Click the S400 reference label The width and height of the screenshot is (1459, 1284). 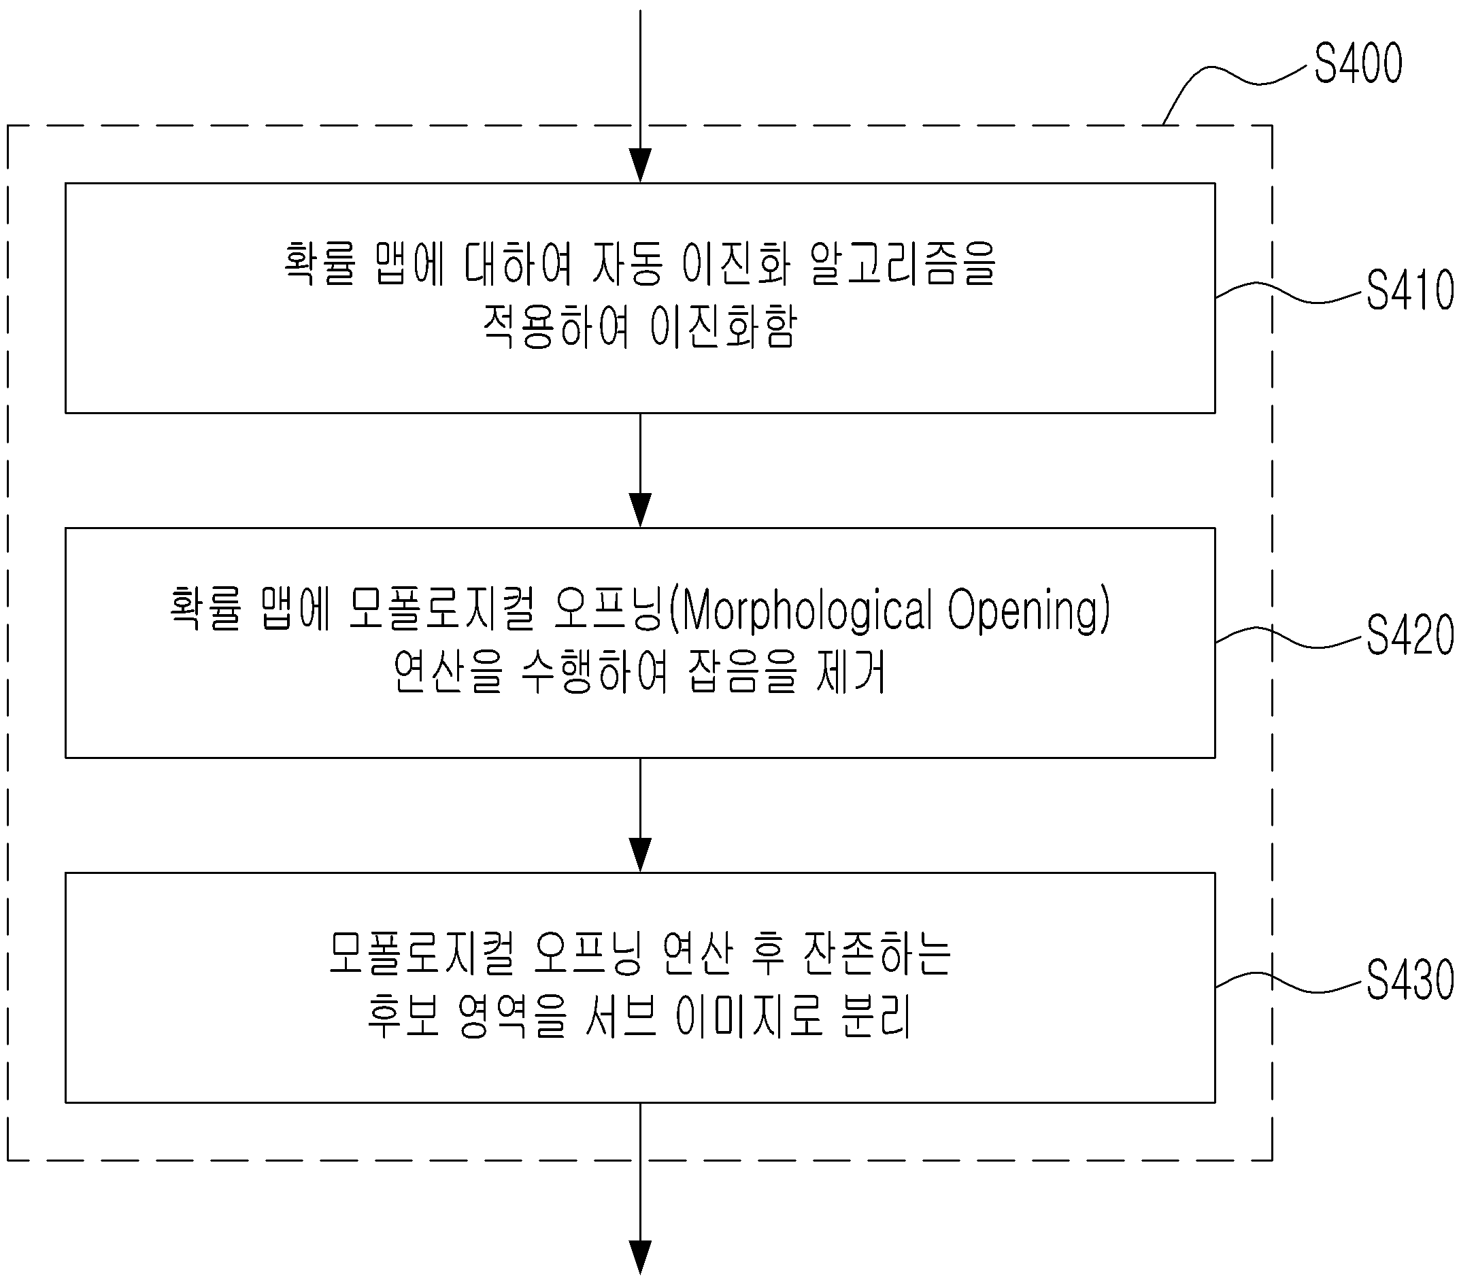point(1358,64)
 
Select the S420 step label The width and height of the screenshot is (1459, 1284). point(1411,635)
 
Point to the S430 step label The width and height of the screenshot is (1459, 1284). point(1411,979)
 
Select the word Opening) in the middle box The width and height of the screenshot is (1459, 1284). point(1029,611)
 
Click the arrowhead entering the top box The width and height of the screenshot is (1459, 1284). point(640,165)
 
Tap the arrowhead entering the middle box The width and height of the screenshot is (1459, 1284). point(640,510)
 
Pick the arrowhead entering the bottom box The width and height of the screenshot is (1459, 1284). point(640,855)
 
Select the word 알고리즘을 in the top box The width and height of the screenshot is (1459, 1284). point(904,263)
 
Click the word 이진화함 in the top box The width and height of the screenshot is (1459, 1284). point(723,326)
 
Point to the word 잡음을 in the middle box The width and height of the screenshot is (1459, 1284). point(742,671)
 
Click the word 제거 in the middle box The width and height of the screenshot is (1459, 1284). point(851,671)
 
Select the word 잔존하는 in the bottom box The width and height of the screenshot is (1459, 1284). point(877,953)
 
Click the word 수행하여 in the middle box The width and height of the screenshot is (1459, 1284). point(595,671)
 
